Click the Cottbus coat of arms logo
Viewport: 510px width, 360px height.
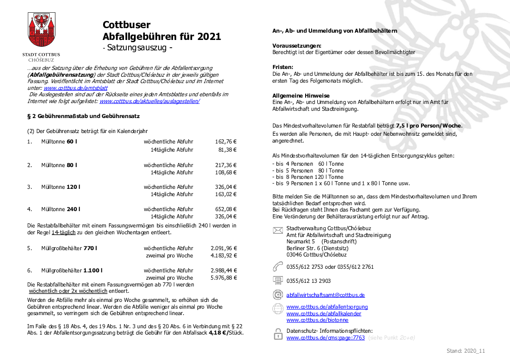(x=41, y=31)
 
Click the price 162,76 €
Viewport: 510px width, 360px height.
(x=226, y=142)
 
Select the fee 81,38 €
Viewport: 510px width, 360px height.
(x=228, y=149)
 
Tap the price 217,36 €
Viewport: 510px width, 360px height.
(x=226, y=165)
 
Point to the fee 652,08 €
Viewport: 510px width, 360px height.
(x=226, y=209)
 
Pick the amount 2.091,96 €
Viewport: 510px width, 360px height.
(x=224, y=248)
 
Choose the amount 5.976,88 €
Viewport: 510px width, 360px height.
(x=224, y=277)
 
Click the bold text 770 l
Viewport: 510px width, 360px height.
(x=90, y=248)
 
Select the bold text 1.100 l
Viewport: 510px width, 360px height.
(x=93, y=271)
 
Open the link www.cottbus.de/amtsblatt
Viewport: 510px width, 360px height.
(x=75, y=88)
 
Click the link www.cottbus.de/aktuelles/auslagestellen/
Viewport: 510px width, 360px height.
(x=149, y=101)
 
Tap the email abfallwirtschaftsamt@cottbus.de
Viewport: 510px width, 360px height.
(x=325, y=295)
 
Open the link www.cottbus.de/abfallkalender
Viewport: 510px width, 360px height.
(x=324, y=314)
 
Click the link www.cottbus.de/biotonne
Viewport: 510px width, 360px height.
(x=317, y=320)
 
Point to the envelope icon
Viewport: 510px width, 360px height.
(x=277, y=231)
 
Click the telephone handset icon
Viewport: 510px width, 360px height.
(x=277, y=266)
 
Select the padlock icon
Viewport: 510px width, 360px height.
(x=277, y=335)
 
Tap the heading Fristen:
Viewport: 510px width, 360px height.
(x=282, y=67)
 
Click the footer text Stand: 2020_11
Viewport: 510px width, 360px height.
(x=466, y=351)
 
